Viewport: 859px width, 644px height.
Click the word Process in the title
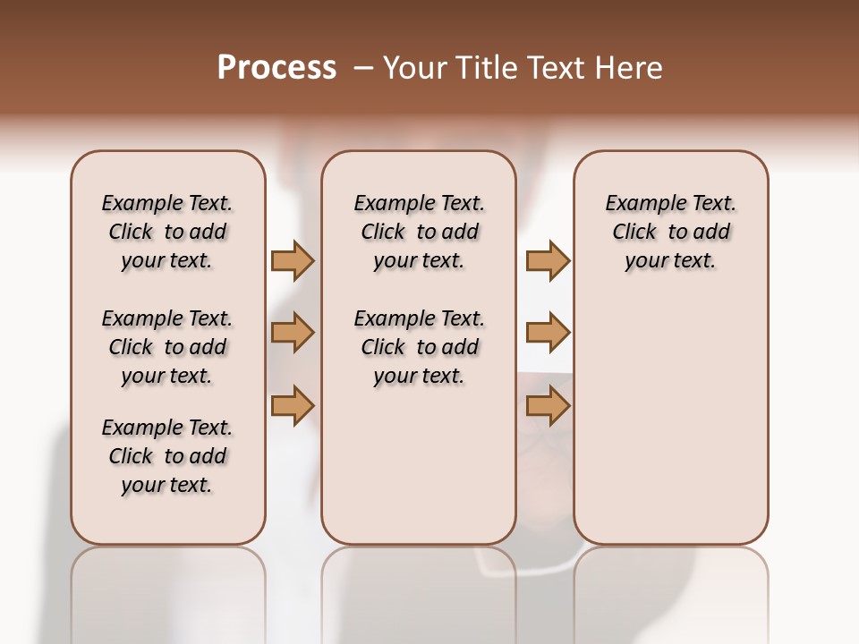[x=276, y=67]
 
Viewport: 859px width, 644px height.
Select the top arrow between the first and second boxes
[x=293, y=261]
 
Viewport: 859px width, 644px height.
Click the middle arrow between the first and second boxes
[x=293, y=334]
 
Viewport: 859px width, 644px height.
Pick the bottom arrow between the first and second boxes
[x=293, y=406]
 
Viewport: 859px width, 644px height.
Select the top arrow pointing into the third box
[x=548, y=261]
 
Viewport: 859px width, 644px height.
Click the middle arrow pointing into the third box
[x=548, y=334]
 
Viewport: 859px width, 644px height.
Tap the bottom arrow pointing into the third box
[x=548, y=406]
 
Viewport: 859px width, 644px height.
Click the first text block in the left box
[x=167, y=232]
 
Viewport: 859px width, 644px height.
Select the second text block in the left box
[x=167, y=347]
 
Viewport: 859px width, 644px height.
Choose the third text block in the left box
[x=167, y=456]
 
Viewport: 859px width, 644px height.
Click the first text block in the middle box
[x=419, y=232]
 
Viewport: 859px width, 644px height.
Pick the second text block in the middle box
[x=419, y=347]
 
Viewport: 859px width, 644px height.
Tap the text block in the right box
[x=670, y=232]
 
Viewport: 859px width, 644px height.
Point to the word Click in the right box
[x=634, y=233]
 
